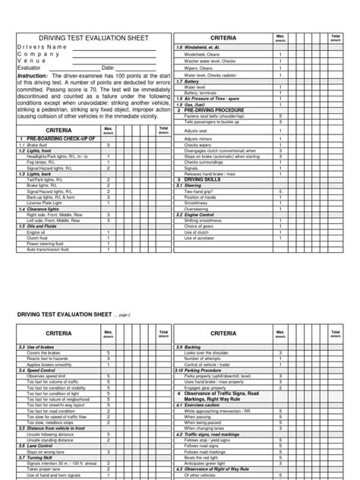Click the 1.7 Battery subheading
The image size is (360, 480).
189,81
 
